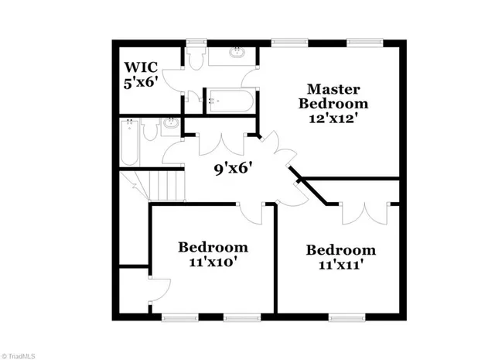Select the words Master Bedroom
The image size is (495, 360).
pyautogui.click(x=334, y=96)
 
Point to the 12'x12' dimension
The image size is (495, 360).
pyautogui.click(x=334, y=118)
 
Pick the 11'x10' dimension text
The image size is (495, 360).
pyautogui.click(x=213, y=262)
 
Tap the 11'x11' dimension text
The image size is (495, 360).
pyautogui.click(x=340, y=264)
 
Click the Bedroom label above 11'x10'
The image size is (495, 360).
pyautogui.click(x=213, y=248)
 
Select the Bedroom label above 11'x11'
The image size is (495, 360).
pyautogui.click(x=340, y=250)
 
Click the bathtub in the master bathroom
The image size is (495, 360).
pyautogui.click(x=229, y=100)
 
